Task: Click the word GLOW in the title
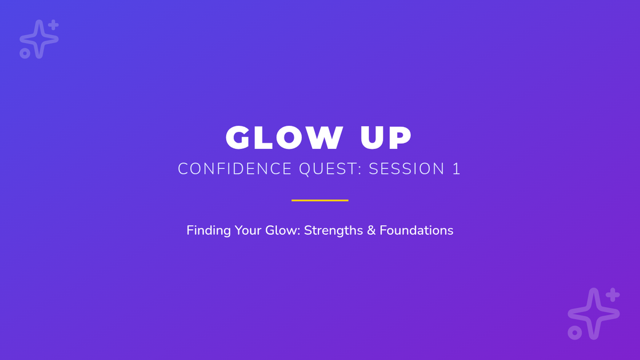pyautogui.click(x=284, y=138)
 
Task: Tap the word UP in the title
pyautogui.click(x=386, y=138)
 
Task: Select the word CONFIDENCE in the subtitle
pyautogui.click(x=235, y=169)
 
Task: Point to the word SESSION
pyautogui.click(x=406, y=169)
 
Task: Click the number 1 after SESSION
pyautogui.click(x=457, y=169)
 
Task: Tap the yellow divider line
pyautogui.click(x=320, y=201)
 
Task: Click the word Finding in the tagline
pyautogui.click(x=209, y=230)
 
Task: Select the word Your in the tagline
pyautogui.click(x=248, y=230)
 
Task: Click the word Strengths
pyautogui.click(x=333, y=230)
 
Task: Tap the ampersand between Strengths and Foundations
pyautogui.click(x=371, y=230)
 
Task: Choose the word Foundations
pyautogui.click(x=417, y=230)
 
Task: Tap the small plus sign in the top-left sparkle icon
pyautogui.click(x=53, y=25)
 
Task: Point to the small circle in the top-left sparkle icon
pyautogui.click(x=25, y=53)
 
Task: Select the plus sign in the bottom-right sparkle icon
pyautogui.click(x=613, y=295)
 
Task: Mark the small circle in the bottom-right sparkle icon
pyautogui.click(x=574, y=333)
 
